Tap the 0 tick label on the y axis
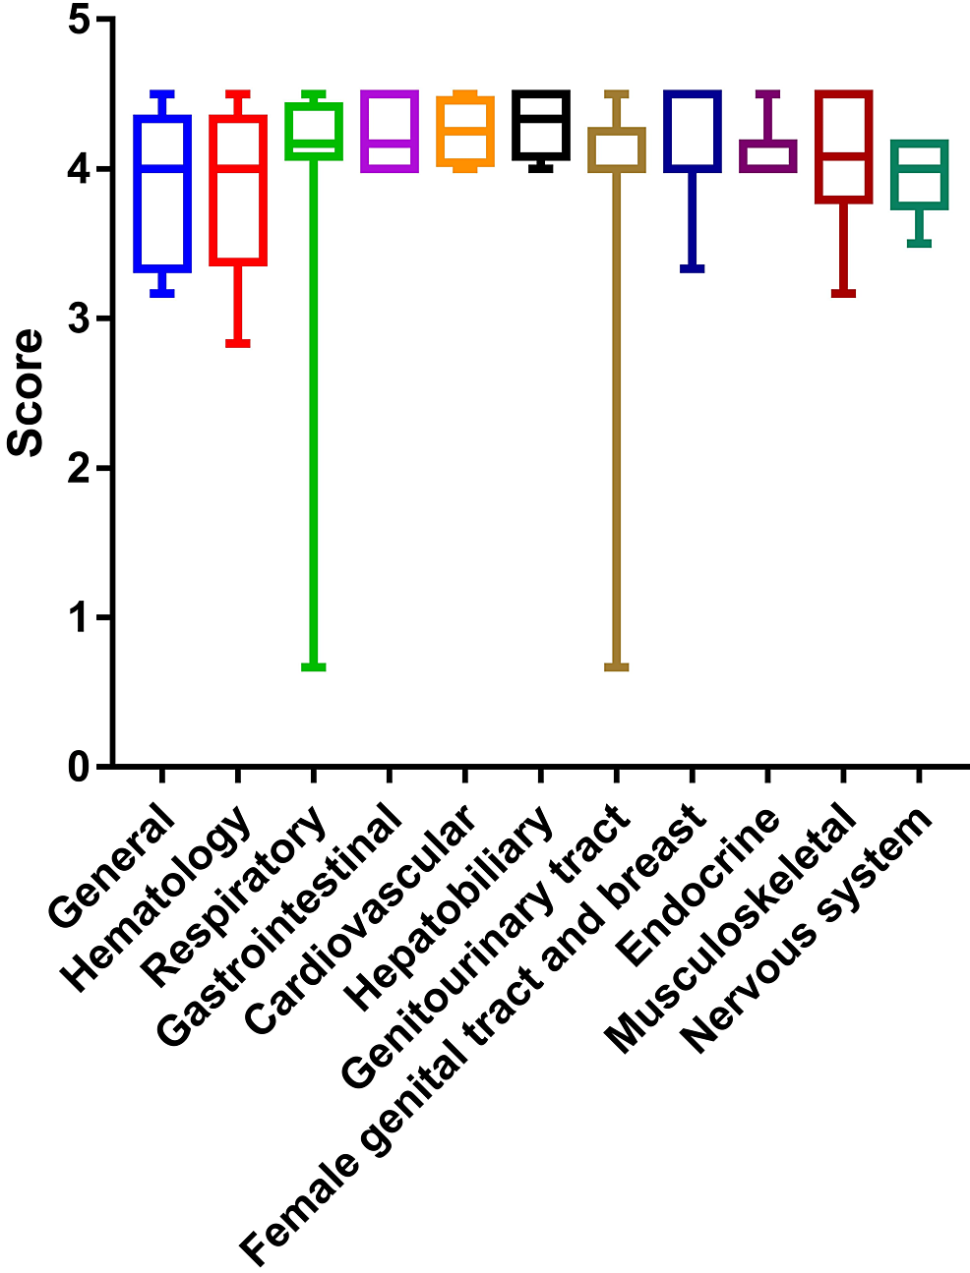point(80,767)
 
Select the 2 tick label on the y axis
point(80,468)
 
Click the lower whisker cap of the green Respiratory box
point(314,667)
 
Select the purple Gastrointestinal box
point(390,132)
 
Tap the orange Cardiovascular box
point(465,131)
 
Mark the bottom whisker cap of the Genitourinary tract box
point(617,667)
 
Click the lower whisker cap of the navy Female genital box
point(693,268)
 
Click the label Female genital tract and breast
point(472,1032)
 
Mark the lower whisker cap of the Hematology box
point(238,343)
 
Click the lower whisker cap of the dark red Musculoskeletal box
point(843,293)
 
